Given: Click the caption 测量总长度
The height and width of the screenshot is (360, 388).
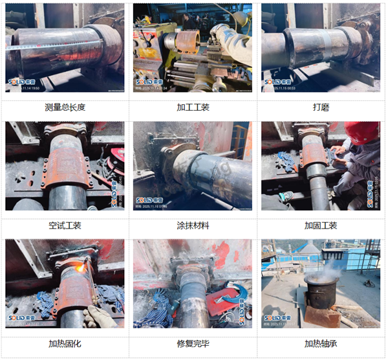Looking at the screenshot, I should click(65, 107).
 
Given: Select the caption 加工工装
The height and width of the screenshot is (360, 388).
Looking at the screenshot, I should click(193, 107).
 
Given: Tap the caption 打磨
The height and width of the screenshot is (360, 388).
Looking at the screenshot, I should click(320, 107).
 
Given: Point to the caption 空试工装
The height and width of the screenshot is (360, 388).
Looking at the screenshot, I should click(65, 225).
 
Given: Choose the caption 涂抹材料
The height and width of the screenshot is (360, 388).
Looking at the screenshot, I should click(193, 225).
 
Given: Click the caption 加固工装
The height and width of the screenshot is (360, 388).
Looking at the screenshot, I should click(320, 225).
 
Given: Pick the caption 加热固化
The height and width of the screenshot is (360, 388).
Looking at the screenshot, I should click(65, 344).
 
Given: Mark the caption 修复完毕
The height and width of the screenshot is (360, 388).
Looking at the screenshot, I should click(193, 344).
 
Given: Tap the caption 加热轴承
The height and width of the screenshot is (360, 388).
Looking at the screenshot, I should click(320, 344).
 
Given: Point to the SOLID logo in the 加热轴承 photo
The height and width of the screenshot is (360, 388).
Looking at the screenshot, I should click(277, 318).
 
